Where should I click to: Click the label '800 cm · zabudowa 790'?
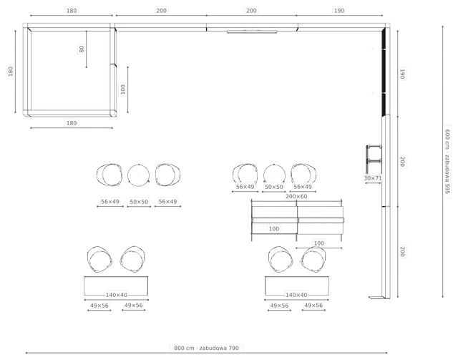[x=206, y=348]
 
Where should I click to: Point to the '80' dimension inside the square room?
[x=82, y=49]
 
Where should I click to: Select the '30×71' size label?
[x=373, y=178]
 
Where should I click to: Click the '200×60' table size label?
[x=296, y=196]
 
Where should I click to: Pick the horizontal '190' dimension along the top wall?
[x=338, y=11]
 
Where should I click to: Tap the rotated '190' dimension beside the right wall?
[x=402, y=74]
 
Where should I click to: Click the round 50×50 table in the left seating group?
[x=138, y=175]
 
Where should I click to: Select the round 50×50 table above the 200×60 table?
[x=274, y=175]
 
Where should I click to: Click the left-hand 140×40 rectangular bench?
[x=116, y=286]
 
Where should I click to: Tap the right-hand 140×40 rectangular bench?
[x=297, y=286]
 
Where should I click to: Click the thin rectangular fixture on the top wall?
[x=252, y=32]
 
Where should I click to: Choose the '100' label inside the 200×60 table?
[x=273, y=229]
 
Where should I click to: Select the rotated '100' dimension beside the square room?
[x=122, y=89]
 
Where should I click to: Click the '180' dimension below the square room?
[x=72, y=123]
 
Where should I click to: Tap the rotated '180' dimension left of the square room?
[x=11, y=72]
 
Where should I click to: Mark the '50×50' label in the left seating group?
[x=139, y=202]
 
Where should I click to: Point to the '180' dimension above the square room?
[x=72, y=11]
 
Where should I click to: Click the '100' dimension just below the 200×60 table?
[x=318, y=243]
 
